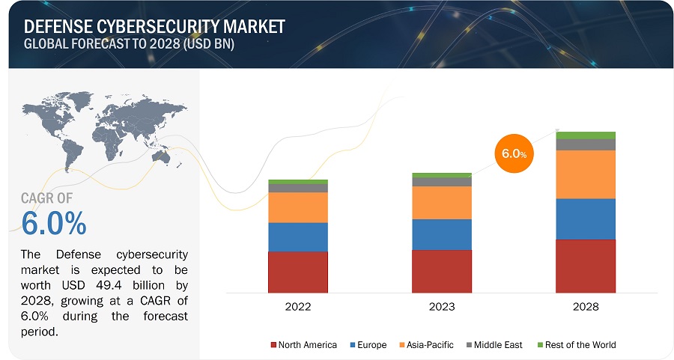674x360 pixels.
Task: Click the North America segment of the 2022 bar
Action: coord(298,272)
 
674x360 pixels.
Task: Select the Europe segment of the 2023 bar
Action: coord(442,234)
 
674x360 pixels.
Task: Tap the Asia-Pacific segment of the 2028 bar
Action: coord(586,174)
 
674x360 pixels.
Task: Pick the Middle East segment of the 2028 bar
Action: coord(586,144)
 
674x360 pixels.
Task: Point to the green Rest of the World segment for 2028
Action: coord(586,135)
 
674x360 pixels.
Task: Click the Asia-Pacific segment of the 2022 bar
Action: coord(298,207)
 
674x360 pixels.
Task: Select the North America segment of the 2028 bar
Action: coord(586,266)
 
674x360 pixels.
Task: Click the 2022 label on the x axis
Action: coord(298,307)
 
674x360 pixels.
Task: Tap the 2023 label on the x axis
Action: coord(442,307)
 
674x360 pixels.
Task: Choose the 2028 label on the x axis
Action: coord(586,307)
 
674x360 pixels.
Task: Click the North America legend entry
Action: coord(303,345)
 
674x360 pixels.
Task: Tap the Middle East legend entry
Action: coord(495,345)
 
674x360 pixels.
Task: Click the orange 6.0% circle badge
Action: coord(513,153)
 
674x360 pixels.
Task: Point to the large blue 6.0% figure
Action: coord(53,223)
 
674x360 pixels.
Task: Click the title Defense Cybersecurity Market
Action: coord(154,27)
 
